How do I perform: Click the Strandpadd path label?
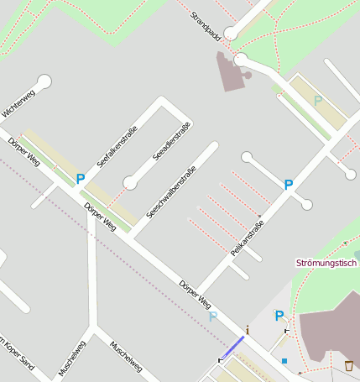click(x=206, y=28)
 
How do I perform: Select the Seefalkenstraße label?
click(x=117, y=146)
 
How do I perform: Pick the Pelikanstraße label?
click(x=248, y=241)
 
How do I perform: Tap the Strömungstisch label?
click(x=327, y=264)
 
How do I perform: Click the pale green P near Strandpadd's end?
click(x=317, y=101)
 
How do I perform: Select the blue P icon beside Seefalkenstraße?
click(x=81, y=178)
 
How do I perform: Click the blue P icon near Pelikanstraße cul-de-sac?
click(x=289, y=185)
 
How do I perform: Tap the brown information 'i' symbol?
click(x=248, y=328)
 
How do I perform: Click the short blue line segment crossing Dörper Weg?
click(x=232, y=347)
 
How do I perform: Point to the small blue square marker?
click(x=284, y=361)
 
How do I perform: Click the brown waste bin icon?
click(x=348, y=365)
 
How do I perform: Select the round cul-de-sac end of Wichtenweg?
click(x=44, y=81)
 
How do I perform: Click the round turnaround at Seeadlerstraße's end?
click(x=129, y=181)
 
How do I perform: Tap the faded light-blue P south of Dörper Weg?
click(x=213, y=317)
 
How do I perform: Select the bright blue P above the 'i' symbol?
click(x=280, y=316)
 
